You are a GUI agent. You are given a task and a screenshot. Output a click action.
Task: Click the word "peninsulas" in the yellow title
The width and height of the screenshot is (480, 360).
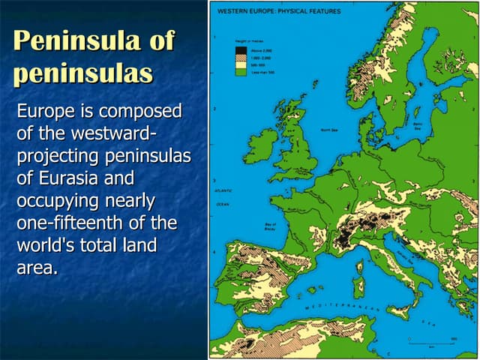tap(82, 73)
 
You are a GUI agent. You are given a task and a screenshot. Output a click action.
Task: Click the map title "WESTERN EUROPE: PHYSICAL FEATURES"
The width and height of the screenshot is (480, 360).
tap(275, 11)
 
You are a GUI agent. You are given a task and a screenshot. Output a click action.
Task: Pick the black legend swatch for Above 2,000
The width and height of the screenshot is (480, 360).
tap(241, 50)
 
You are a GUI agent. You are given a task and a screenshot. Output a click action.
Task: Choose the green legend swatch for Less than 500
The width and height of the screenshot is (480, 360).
tap(241, 71)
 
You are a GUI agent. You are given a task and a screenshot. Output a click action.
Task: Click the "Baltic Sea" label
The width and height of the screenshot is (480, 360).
tap(417, 125)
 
